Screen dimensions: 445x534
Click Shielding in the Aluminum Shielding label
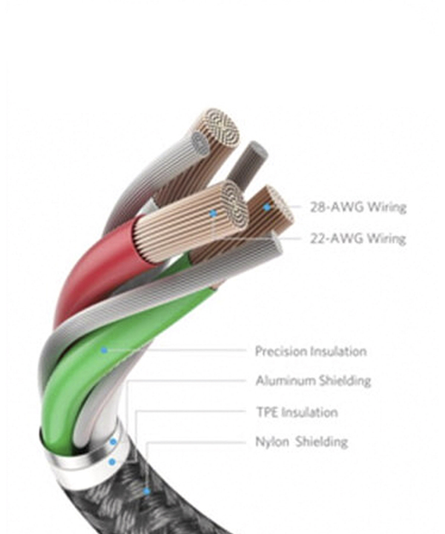point(345,380)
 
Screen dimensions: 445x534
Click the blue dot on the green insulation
point(104,350)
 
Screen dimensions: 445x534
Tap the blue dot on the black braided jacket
point(146,491)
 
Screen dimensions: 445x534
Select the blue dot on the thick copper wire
point(213,214)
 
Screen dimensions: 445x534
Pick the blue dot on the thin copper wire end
point(267,207)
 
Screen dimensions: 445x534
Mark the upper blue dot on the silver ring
point(113,442)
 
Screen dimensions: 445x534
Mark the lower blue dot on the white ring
point(112,462)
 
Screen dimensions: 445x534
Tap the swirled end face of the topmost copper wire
point(220,128)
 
